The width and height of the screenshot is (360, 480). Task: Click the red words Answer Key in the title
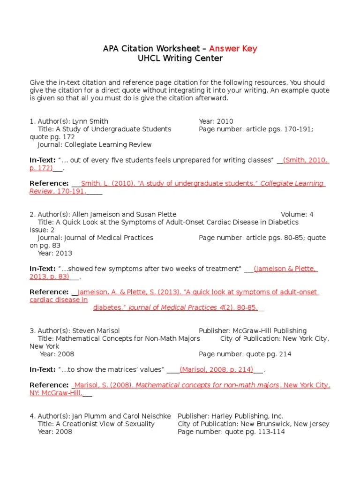point(233,49)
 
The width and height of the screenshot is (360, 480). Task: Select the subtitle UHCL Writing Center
point(180,59)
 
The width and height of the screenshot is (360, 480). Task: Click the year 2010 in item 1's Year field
point(225,121)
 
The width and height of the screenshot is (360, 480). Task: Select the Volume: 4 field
point(297,214)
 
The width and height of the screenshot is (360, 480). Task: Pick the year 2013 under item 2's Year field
point(63,253)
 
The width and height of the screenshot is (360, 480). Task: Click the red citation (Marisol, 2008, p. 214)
point(217,369)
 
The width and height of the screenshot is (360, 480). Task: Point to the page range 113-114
point(269,432)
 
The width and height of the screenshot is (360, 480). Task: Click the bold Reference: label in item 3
point(49,385)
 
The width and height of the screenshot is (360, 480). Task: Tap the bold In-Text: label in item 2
point(42,269)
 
